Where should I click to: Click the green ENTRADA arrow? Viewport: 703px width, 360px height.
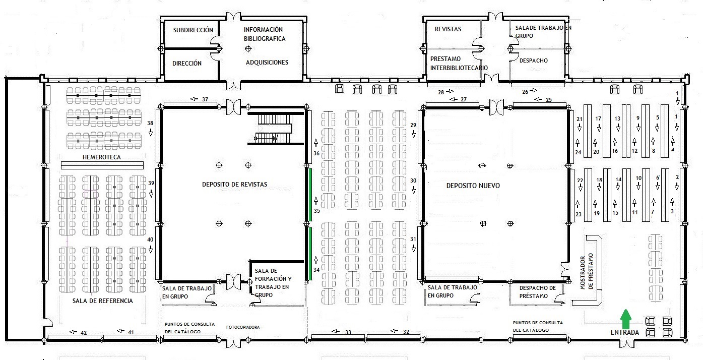click(x=626, y=319)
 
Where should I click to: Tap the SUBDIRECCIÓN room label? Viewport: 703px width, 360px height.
click(x=193, y=30)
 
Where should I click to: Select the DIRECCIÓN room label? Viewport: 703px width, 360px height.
click(x=187, y=63)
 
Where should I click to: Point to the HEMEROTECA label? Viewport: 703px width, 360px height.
click(x=101, y=157)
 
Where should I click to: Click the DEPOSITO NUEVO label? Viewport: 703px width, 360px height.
click(x=473, y=186)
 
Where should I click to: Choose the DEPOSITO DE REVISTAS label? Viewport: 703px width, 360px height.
click(x=234, y=185)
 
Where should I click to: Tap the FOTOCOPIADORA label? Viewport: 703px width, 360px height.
click(x=243, y=327)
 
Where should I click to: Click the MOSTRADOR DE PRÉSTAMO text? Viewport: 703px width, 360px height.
click(x=587, y=271)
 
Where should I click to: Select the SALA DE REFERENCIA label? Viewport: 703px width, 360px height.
click(x=103, y=301)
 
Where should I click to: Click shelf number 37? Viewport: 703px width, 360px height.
click(x=205, y=99)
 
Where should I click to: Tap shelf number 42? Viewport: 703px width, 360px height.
click(x=84, y=333)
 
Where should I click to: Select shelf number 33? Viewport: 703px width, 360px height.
click(x=348, y=332)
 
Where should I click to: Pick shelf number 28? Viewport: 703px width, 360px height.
click(x=441, y=92)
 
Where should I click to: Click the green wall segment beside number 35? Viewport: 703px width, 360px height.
click(x=310, y=195)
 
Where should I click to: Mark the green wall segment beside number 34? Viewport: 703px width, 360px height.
click(x=310, y=254)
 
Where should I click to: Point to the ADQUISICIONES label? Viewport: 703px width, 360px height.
click(x=267, y=62)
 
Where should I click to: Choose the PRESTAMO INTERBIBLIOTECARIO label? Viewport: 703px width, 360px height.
click(x=459, y=63)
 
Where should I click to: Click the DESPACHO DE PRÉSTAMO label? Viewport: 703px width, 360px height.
click(x=537, y=292)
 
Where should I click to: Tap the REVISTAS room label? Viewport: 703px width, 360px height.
click(x=448, y=29)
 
